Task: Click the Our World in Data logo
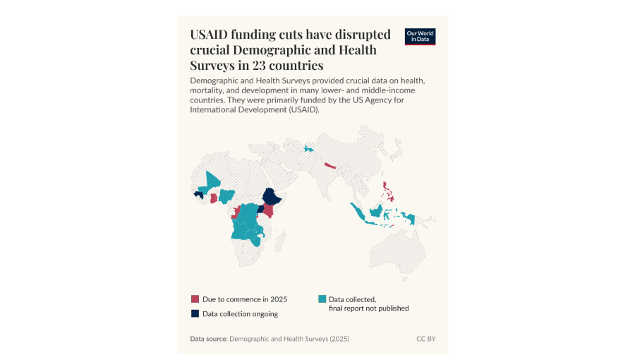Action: [420, 37]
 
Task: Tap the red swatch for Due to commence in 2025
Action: [195, 299]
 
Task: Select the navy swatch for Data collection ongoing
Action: [195, 313]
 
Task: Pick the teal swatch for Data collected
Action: [322, 299]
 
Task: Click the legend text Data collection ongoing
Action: [240, 313]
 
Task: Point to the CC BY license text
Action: [425, 339]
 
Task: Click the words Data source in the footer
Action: [208, 339]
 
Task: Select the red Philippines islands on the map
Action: [387, 191]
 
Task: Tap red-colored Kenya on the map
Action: [268, 212]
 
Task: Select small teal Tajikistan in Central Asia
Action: [308, 149]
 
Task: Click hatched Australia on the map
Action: [399, 247]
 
